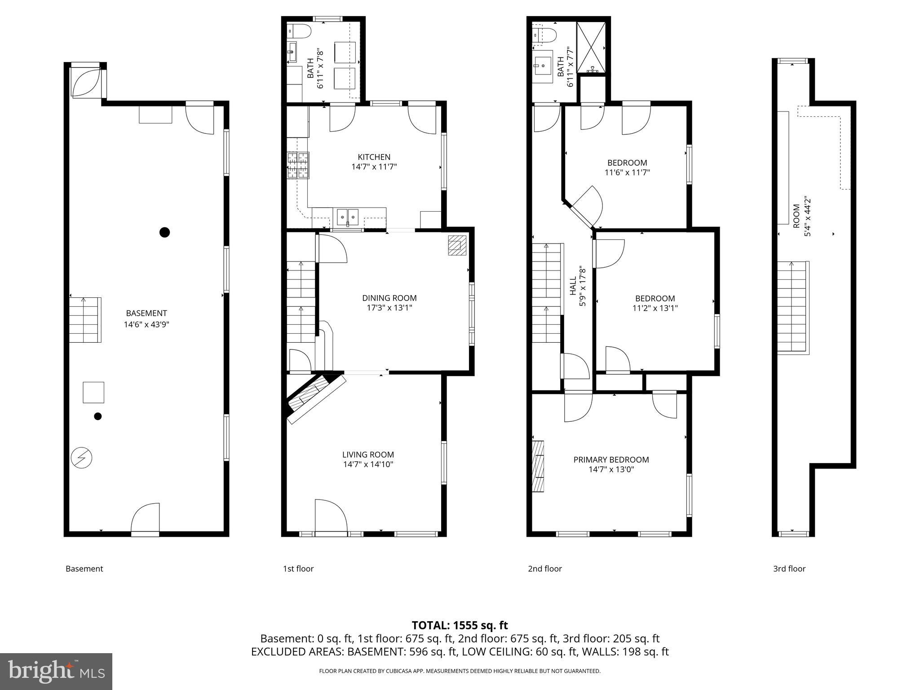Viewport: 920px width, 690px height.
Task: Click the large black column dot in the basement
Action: (165, 232)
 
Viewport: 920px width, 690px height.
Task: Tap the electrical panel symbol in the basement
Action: (81, 458)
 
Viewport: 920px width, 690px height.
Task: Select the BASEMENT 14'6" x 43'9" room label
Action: (146, 318)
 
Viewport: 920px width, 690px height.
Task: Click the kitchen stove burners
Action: (298, 165)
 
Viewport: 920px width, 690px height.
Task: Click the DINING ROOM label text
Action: (389, 298)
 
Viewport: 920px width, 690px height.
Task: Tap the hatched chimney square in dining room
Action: (457, 246)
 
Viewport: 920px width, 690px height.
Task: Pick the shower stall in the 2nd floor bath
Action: (591, 47)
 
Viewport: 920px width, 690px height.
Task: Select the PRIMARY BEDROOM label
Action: (611, 460)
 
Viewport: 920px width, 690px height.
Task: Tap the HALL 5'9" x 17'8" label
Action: (577, 286)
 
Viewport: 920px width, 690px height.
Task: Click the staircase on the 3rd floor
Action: (793, 307)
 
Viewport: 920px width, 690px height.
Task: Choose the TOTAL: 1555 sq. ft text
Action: (460, 625)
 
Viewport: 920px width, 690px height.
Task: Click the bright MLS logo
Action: (56, 671)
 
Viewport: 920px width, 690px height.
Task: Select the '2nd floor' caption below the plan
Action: (544, 569)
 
